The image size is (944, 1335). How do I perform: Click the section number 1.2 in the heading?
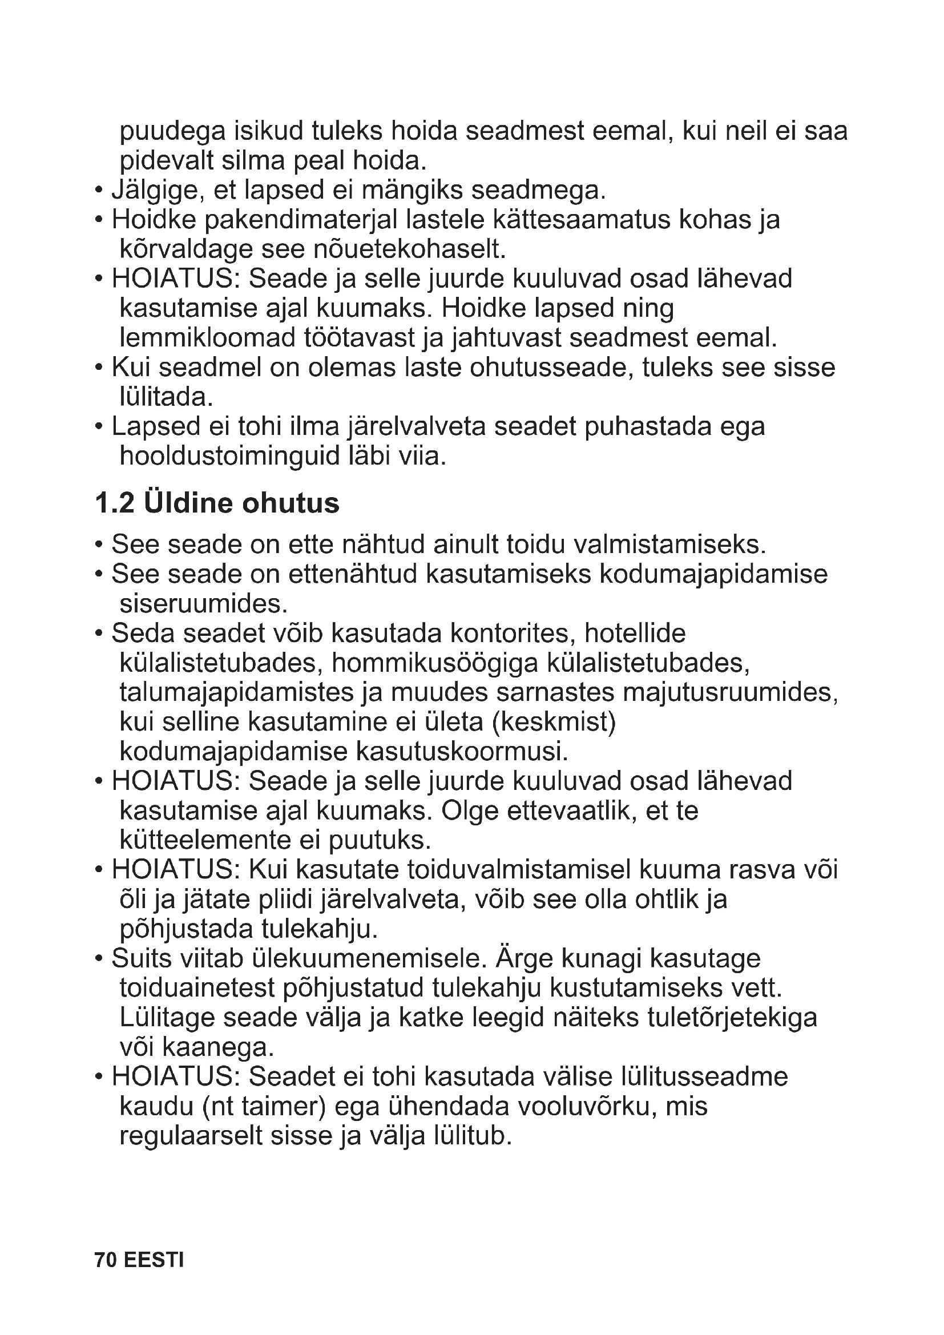click(115, 503)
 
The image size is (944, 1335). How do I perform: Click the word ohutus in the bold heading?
click(291, 503)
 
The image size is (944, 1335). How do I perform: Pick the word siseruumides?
click(203, 604)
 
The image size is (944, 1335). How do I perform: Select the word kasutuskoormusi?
click(462, 752)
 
